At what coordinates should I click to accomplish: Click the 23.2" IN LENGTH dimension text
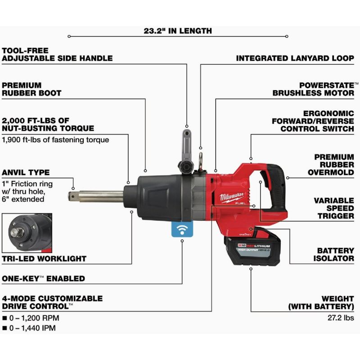(178, 31)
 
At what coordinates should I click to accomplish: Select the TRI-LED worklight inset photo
(27, 233)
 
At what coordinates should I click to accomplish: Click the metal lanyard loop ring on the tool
(201, 159)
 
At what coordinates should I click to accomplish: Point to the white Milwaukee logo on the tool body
(233, 197)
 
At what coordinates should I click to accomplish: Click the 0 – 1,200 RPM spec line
(34, 318)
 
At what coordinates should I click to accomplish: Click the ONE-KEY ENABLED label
(43, 279)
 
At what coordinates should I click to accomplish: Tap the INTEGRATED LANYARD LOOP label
(295, 58)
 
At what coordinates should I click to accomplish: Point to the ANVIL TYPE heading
(26, 172)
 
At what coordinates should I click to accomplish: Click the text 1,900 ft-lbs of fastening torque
(55, 139)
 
